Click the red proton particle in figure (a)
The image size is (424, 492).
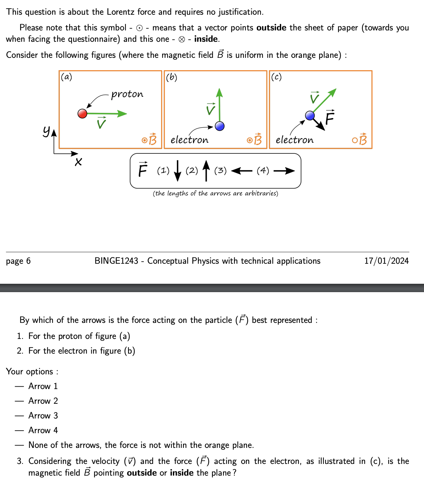[x=82, y=114]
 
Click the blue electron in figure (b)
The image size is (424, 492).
[x=220, y=126]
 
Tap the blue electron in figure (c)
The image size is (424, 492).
[x=310, y=116]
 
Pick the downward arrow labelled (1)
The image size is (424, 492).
[x=178, y=170]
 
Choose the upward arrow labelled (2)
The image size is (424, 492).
[x=206, y=170]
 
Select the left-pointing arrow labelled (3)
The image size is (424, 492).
[x=241, y=171]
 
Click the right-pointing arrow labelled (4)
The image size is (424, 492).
[x=284, y=171]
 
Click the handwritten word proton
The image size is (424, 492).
[x=127, y=94]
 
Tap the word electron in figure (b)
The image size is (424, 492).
[x=189, y=140]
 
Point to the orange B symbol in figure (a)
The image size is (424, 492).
[x=152, y=139]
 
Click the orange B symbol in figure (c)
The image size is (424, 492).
[x=363, y=139]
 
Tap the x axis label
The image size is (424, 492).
[x=78, y=162]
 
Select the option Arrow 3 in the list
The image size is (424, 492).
[x=43, y=415]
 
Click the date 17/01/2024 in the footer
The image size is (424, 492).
[x=386, y=261]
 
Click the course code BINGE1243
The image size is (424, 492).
[x=116, y=261]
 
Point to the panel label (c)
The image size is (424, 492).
[x=276, y=77]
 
